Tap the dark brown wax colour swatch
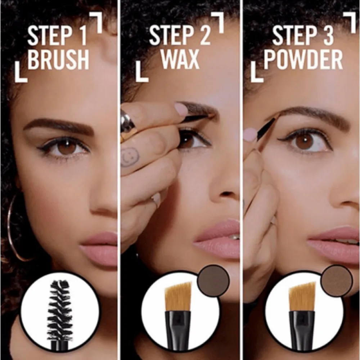click(x=214, y=280)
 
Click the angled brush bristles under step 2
click(x=178, y=297)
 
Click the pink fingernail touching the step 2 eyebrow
click(x=181, y=109)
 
